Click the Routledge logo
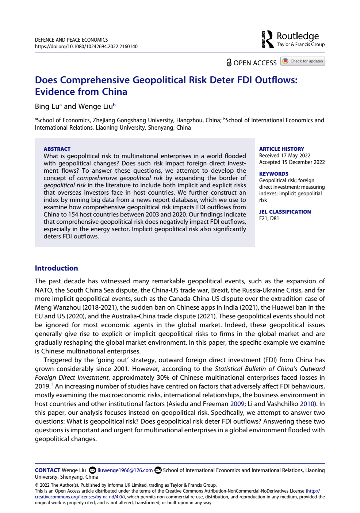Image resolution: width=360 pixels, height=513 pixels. click(x=293, y=39)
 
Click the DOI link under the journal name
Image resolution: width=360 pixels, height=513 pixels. click(x=86, y=46)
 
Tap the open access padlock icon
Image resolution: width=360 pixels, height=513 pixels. click(x=229, y=63)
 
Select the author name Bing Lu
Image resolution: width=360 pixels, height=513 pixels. click(x=47, y=107)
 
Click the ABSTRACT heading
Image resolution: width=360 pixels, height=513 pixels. click(x=57, y=149)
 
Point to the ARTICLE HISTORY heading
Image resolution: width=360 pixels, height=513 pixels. click(x=282, y=149)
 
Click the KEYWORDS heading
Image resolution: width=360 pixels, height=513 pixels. click(x=273, y=174)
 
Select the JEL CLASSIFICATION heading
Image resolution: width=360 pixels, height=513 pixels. click(x=285, y=212)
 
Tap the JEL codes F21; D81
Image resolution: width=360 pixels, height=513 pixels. click(x=269, y=218)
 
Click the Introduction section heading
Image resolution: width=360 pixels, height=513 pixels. click(x=56, y=268)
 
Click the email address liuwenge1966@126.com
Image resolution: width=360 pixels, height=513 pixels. click(x=125, y=470)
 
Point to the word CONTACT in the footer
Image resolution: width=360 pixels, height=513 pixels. click(x=47, y=470)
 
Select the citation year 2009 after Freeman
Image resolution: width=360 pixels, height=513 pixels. click(x=237, y=404)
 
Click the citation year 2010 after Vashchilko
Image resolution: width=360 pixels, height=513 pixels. click(x=307, y=404)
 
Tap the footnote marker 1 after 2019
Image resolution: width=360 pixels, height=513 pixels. click(x=52, y=384)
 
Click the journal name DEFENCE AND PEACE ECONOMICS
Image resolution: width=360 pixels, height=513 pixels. click(x=71, y=40)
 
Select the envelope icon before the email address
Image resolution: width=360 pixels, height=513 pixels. click(x=92, y=470)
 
